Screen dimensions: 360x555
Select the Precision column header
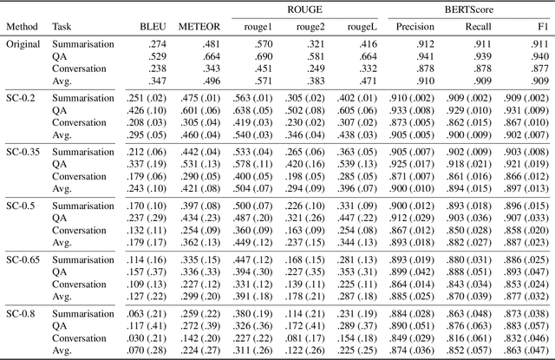(x=415, y=27)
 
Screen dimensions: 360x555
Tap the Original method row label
(x=24, y=43)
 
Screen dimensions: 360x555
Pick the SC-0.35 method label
(x=25, y=152)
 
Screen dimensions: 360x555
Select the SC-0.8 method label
(x=23, y=312)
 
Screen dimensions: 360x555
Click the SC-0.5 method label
(x=23, y=206)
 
